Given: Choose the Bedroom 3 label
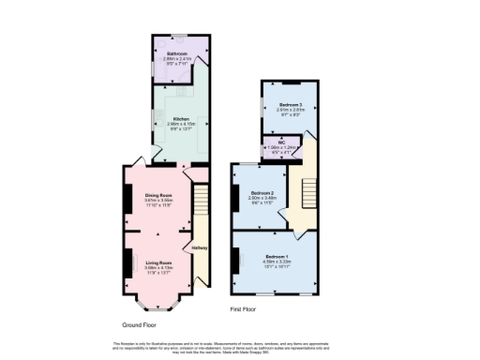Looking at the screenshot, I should click(x=290, y=104).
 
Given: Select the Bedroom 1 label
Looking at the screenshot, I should click(x=277, y=256).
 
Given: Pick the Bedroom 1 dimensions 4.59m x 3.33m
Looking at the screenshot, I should click(x=277, y=262).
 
